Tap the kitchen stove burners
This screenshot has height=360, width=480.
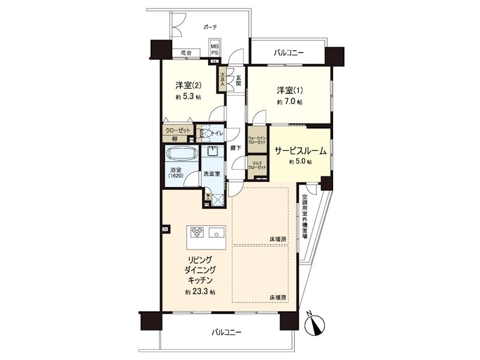coord(197,231)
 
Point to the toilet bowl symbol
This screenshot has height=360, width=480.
coord(207,133)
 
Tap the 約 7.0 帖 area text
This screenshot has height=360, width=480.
coord(290,103)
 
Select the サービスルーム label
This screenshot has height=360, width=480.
coord(300,151)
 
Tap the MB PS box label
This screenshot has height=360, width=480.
coord(214,49)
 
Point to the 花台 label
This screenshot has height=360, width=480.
coord(185,53)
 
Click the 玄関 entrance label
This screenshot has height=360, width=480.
coord(238,80)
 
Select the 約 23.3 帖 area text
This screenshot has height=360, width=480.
coord(200,292)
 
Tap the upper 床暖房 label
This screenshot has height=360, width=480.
coord(278,239)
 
